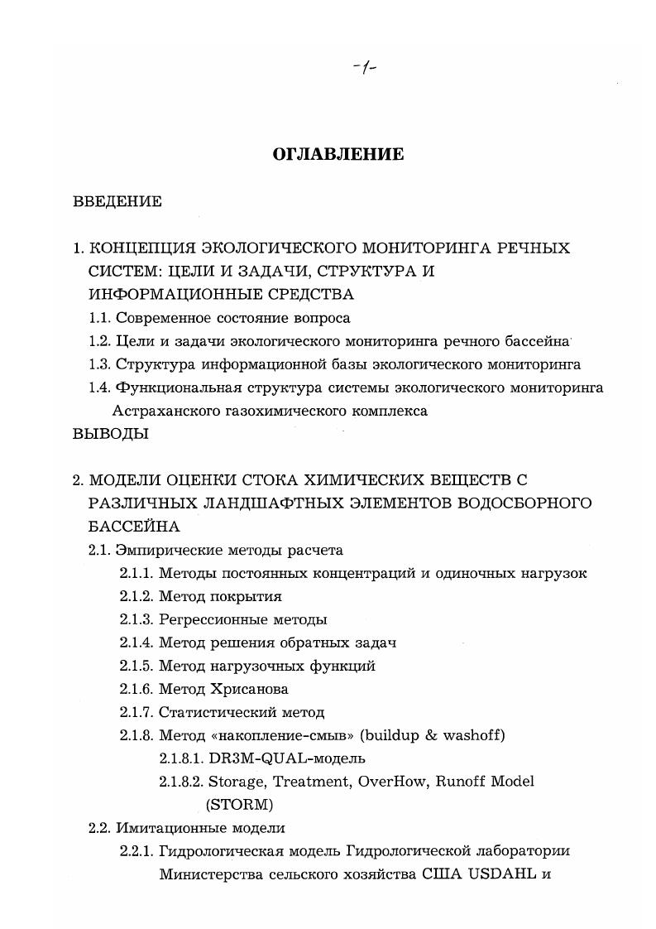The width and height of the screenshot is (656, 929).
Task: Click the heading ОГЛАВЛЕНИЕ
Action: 338,154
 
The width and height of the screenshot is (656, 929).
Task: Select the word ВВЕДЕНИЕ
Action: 117,201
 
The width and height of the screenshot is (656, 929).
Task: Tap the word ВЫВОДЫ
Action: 111,434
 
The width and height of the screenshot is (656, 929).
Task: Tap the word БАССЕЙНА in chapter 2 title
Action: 133,526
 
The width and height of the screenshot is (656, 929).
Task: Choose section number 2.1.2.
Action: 136,596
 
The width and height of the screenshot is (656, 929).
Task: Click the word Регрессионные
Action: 207,619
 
